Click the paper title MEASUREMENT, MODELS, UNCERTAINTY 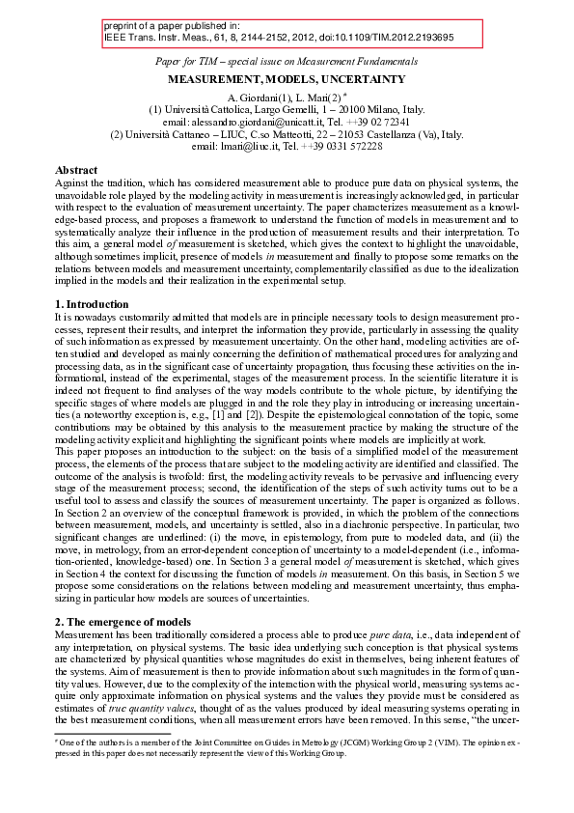click(287, 75)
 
